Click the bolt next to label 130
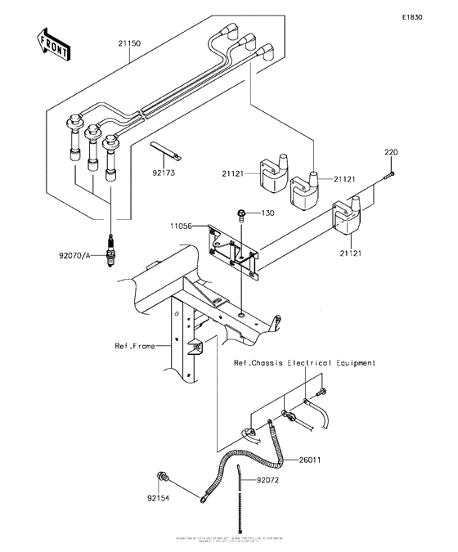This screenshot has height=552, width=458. pyautogui.click(x=242, y=215)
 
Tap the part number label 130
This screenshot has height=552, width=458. pyautogui.click(x=269, y=213)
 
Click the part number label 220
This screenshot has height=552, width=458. pyautogui.click(x=391, y=152)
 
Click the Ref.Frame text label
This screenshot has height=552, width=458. pyautogui.click(x=134, y=346)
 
